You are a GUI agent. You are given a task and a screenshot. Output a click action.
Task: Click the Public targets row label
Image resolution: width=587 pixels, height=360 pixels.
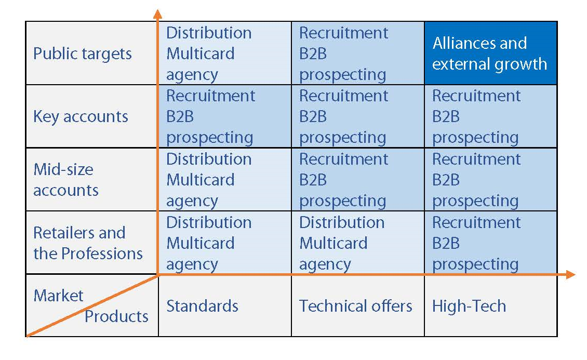click(x=83, y=54)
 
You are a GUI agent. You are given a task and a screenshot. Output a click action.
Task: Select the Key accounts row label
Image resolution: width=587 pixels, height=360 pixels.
click(x=81, y=117)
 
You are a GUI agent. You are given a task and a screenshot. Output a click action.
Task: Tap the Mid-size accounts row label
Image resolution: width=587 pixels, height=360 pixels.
click(x=66, y=180)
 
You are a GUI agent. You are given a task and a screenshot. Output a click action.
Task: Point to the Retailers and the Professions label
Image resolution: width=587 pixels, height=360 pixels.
click(x=88, y=243)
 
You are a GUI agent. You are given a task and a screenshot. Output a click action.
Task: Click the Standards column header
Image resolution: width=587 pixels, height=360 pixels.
click(x=202, y=306)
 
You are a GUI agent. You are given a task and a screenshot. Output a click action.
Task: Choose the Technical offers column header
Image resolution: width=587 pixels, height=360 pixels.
click(x=356, y=306)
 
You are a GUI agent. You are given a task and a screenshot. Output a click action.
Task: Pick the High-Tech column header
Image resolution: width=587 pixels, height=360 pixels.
click(x=469, y=306)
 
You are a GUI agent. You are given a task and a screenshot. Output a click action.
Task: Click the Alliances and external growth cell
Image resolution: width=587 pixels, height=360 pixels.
click(x=491, y=53)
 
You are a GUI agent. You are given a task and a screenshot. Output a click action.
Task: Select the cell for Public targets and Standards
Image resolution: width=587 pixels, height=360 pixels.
click(x=225, y=53)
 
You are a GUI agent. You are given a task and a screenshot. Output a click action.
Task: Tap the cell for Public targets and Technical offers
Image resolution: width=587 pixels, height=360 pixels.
click(x=358, y=53)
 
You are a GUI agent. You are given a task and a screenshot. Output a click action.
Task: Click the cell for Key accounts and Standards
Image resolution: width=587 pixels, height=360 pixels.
click(x=225, y=116)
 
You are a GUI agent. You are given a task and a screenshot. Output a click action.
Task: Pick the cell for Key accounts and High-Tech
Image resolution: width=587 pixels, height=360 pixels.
click(x=491, y=116)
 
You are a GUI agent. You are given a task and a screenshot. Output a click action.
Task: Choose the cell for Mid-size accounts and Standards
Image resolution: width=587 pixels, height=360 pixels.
click(x=225, y=180)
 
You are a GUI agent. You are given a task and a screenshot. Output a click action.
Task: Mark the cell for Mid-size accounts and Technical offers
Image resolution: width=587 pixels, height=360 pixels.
click(x=358, y=180)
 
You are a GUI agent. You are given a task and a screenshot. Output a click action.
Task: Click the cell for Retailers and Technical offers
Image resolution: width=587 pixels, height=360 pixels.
click(x=358, y=243)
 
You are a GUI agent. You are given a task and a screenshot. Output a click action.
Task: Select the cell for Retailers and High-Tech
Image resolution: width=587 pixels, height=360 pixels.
click(x=491, y=243)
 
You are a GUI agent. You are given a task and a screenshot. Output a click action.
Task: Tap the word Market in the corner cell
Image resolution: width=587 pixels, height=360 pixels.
click(x=58, y=296)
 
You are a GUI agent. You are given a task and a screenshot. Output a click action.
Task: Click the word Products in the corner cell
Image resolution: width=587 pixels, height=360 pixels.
click(x=116, y=316)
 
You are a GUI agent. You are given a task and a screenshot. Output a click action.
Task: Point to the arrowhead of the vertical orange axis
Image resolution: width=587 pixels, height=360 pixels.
click(x=158, y=14)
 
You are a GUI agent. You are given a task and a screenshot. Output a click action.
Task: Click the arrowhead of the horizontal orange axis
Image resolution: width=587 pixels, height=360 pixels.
click(x=571, y=275)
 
